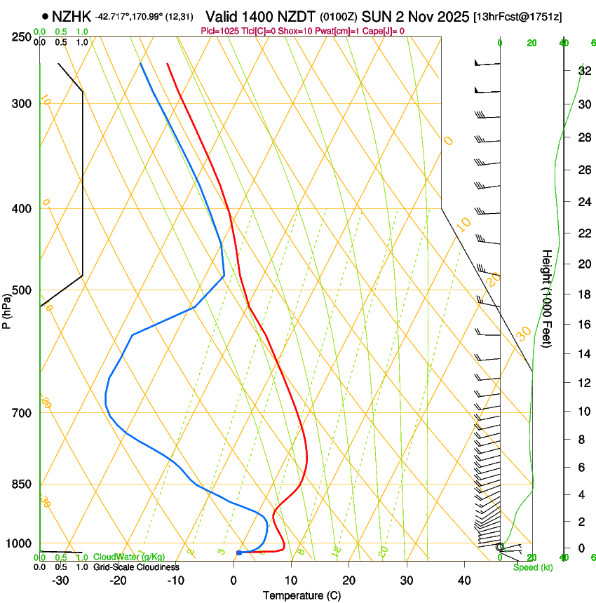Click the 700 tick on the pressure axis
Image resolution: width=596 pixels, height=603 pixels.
click(22, 413)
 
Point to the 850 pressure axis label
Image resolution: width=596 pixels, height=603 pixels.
click(22, 485)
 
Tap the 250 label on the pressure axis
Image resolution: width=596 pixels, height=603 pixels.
click(22, 37)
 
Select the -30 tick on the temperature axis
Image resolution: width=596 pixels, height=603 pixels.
click(60, 581)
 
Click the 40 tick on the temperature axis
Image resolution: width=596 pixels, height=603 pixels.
click(463, 581)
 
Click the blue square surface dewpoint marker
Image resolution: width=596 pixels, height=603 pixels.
click(239, 553)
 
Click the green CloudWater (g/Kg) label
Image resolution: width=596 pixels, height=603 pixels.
click(128, 557)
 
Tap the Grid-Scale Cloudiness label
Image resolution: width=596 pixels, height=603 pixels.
click(136, 567)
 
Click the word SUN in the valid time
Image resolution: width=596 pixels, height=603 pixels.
click(375, 16)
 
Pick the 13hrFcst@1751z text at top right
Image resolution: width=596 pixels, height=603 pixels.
click(517, 16)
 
